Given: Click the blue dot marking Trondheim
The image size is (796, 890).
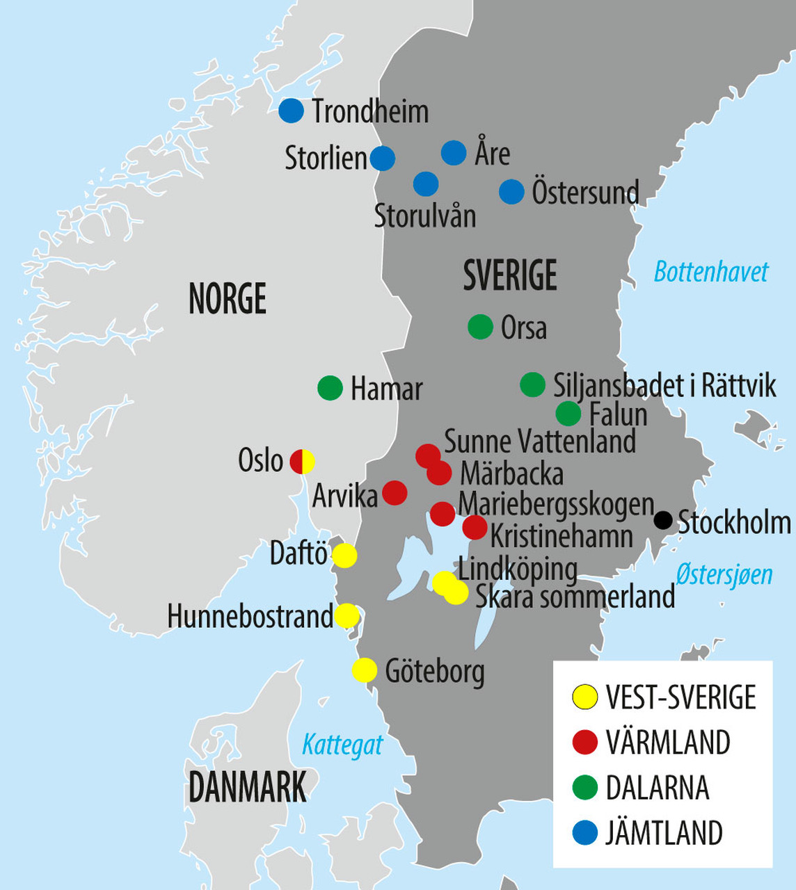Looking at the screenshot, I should pos(292,111).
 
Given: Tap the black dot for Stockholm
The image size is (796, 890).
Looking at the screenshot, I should pos(663,519).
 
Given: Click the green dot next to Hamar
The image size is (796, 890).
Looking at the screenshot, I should pos(330,388).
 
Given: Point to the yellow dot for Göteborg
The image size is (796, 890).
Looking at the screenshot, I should pos(364,670).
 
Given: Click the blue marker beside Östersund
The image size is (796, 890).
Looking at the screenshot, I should pos(511,192).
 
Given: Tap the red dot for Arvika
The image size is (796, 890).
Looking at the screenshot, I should pos(395,493).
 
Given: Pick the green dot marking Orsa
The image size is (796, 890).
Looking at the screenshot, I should pos(480,327).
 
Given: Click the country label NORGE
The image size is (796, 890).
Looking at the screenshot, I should pos(228,299).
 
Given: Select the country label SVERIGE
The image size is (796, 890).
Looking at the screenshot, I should pos(510,275).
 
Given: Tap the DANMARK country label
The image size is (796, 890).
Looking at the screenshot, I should pos(247,788).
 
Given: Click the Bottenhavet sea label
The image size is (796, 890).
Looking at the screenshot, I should pos(710,272).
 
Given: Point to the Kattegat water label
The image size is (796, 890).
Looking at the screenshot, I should pos(342,745).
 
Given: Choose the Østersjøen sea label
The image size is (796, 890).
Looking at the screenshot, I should pos(724,575).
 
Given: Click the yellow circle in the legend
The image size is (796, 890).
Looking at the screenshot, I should pos(584,697).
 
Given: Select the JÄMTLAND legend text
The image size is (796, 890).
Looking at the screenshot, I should pos(664,833).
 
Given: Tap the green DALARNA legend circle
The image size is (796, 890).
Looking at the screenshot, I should pos(584,788).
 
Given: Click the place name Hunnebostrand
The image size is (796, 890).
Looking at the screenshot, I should pos(250,617).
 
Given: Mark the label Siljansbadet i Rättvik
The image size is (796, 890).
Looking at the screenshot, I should pos(664,386).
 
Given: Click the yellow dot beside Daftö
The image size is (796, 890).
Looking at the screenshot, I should pos(344,556).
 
